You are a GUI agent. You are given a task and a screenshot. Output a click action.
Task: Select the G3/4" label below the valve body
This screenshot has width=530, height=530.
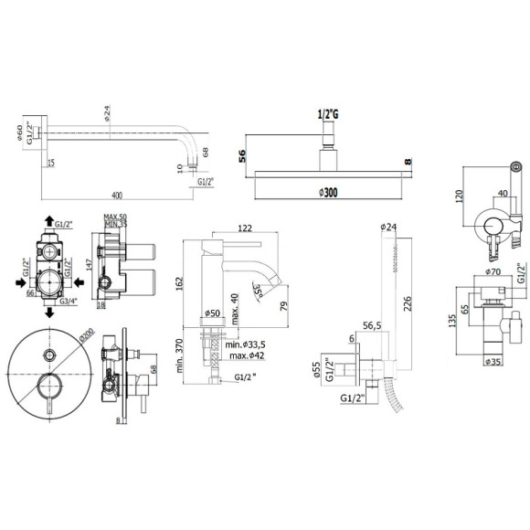(69, 301)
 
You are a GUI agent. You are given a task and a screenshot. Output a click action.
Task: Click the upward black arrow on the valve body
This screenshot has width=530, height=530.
(48, 222)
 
